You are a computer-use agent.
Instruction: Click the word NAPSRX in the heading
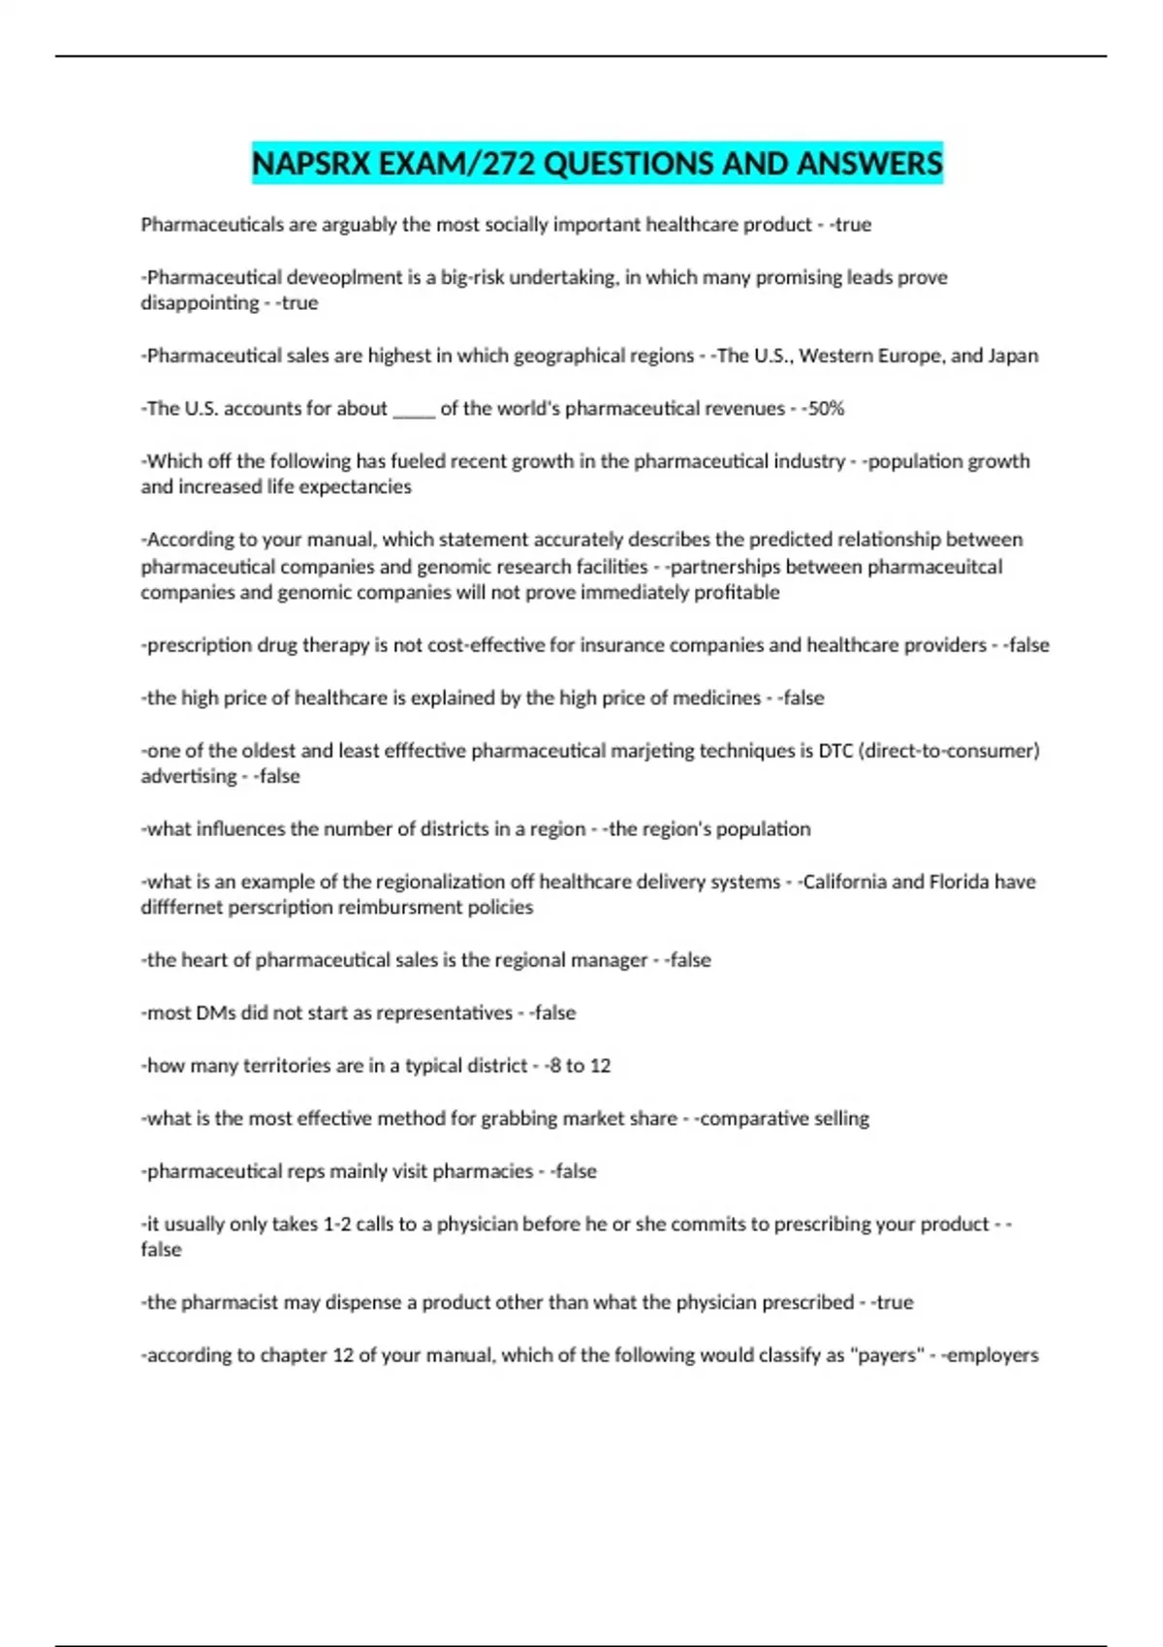[x=311, y=163]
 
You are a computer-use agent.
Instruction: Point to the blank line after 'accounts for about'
[x=414, y=409]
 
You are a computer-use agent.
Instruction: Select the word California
[x=844, y=882]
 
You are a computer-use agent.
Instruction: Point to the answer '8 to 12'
[x=581, y=1066]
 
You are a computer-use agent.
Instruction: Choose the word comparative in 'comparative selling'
[x=754, y=1119]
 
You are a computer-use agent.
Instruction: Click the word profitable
[x=737, y=592]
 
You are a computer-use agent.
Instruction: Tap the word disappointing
[x=200, y=303]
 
